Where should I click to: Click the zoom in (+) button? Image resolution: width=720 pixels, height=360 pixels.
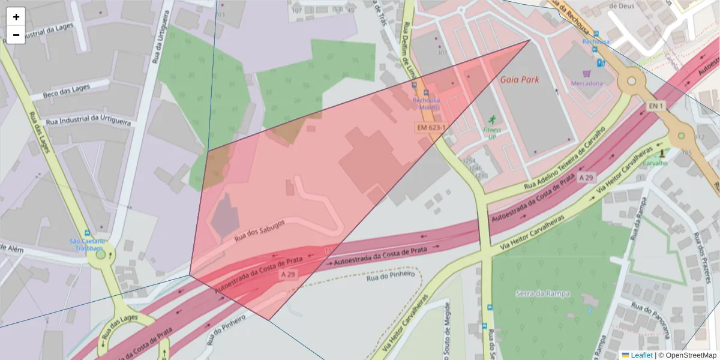click(x=16, y=17)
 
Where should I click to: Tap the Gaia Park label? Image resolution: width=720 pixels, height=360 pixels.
click(x=520, y=79)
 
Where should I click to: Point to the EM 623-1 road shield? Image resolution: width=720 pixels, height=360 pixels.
click(x=431, y=128)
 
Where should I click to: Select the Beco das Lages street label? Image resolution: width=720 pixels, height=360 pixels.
click(x=68, y=92)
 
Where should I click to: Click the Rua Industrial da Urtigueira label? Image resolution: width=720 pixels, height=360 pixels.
click(x=89, y=121)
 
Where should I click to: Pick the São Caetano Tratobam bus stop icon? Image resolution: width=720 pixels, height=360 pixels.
click(x=88, y=233)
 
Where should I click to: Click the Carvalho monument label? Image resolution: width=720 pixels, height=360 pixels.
click(x=655, y=163)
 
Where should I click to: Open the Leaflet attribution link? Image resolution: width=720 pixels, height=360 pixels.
click(x=641, y=355)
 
